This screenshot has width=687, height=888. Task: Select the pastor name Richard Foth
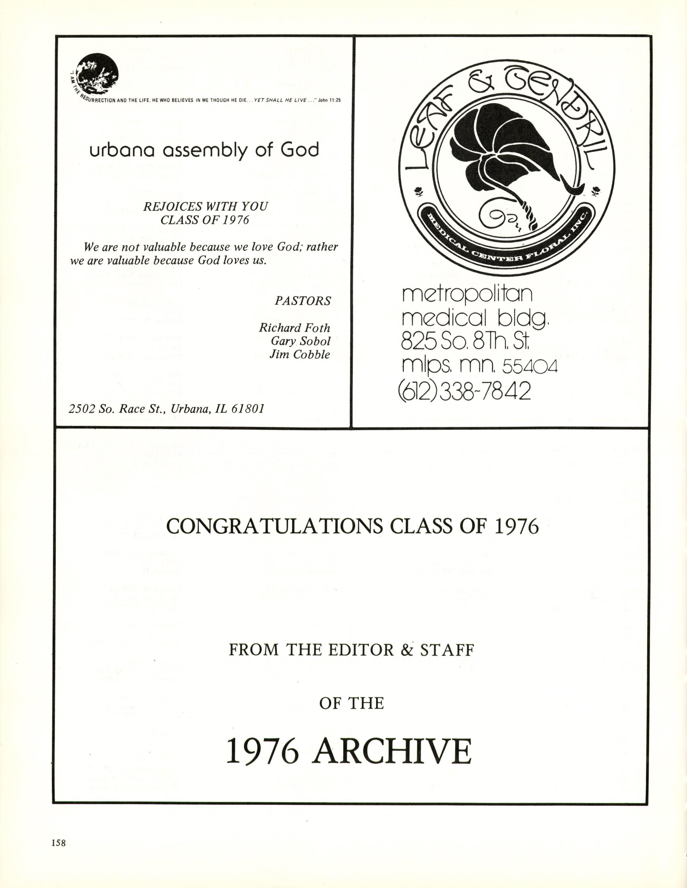(295, 328)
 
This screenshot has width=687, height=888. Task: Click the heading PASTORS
(303, 301)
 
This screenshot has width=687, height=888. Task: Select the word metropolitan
(467, 294)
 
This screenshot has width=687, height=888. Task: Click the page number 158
(59, 843)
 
